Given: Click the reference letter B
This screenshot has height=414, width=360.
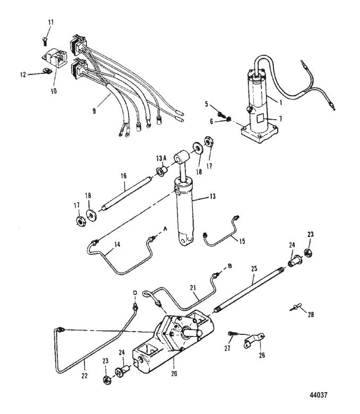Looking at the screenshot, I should point(230,264).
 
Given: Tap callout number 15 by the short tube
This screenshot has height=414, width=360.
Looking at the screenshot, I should point(242,240).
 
